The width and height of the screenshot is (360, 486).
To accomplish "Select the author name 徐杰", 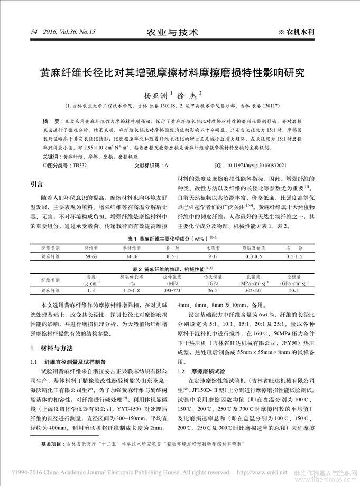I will click(187, 96).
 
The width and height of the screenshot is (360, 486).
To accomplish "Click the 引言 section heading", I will click(36, 185).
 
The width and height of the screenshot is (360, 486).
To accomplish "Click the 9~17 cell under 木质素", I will click(213, 256).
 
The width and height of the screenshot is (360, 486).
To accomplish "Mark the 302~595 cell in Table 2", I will click(254, 290).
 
